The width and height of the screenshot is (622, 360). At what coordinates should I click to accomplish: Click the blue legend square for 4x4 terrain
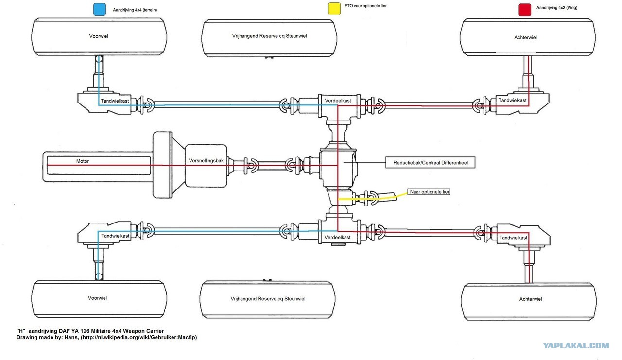point(100,9)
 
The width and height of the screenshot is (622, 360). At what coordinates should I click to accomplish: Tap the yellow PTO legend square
point(334,8)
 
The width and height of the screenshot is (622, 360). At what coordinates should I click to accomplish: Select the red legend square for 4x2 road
point(525,10)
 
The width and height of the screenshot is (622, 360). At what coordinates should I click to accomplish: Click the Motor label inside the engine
point(83,161)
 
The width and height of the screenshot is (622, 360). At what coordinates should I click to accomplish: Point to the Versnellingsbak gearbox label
point(206,161)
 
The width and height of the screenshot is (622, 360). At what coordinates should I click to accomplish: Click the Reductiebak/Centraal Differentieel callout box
point(431,163)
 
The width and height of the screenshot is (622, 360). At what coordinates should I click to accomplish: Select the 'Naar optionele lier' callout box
point(429,192)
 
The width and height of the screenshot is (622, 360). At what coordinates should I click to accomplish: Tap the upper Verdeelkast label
point(338,101)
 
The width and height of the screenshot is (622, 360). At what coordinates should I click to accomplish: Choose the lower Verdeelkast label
point(337,237)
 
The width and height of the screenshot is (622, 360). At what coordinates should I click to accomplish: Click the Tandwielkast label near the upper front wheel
point(115,101)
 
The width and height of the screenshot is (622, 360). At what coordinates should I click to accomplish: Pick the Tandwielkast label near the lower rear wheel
point(513,238)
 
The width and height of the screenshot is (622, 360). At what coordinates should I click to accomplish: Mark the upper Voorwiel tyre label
point(99,36)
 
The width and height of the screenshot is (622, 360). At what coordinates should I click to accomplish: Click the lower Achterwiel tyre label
point(530,299)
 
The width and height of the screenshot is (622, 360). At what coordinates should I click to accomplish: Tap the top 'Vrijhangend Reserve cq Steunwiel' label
point(269,36)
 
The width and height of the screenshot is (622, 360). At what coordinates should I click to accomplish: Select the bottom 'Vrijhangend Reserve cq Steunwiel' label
point(268,299)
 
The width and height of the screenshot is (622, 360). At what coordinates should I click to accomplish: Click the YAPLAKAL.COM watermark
point(576,345)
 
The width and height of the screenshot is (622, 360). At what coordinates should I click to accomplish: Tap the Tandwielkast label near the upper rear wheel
point(512,100)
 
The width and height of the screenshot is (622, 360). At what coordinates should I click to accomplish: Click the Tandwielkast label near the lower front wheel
point(115,236)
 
